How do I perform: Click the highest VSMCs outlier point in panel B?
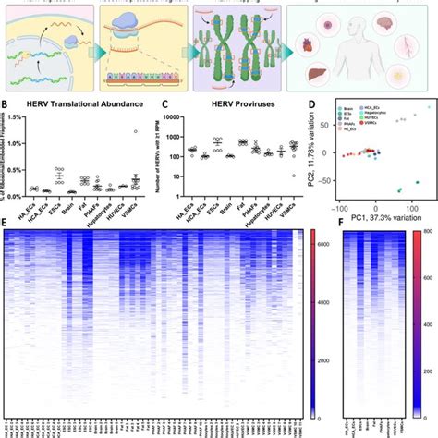coord(133,131)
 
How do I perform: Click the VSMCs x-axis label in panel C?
coord(296,201)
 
